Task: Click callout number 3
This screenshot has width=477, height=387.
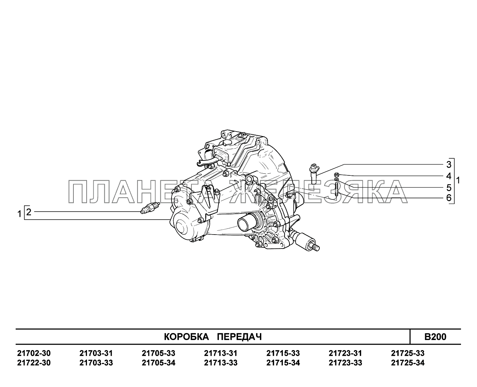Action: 449,165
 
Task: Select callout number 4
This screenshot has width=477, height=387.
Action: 449,176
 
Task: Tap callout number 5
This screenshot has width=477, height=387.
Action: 449,188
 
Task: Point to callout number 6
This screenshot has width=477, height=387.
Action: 449,198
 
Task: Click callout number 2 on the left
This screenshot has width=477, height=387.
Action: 29,212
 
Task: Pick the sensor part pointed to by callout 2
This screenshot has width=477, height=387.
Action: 150,208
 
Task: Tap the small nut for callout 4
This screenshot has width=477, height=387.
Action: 336,174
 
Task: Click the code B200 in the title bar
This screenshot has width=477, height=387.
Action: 435,337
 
